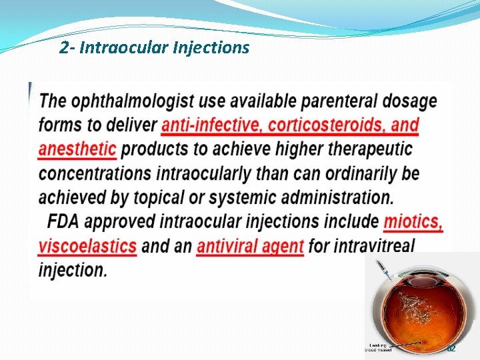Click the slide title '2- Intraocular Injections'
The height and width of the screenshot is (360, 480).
point(154,48)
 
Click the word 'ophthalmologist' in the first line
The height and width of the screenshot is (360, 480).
point(133,101)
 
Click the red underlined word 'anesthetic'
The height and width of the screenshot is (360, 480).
point(77,149)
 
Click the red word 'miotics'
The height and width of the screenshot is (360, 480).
point(413,221)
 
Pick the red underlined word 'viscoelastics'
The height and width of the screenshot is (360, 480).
point(87,245)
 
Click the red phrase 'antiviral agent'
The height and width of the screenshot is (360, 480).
point(250,245)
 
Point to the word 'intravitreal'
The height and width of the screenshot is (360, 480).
point(362,245)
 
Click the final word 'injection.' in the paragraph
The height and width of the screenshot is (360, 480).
point(73,270)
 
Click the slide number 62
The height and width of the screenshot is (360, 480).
point(451,348)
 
